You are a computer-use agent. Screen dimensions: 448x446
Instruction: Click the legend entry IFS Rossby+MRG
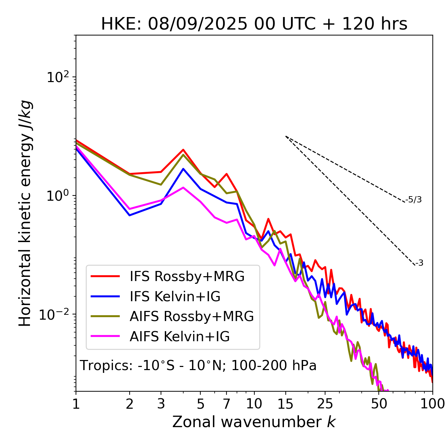coord(187,276)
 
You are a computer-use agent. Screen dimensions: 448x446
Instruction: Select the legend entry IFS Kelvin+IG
coord(175,296)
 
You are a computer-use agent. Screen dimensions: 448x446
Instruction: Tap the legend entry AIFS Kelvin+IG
coord(179,336)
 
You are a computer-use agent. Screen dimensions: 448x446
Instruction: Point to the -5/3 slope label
coord(414,200)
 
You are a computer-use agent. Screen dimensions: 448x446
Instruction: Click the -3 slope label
coord(419,263)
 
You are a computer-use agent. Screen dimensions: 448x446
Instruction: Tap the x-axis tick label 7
coord(226,404)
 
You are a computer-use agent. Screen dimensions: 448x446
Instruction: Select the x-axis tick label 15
coord(286,404)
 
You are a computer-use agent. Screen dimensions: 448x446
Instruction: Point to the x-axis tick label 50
coord(379,404)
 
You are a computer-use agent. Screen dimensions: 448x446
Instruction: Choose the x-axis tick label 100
coord(432,404)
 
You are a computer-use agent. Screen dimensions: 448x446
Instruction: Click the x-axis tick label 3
coord(161,404)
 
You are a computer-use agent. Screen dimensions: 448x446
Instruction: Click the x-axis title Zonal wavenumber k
coord(254,422)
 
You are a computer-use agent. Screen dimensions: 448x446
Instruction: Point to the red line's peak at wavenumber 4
coord(183,150)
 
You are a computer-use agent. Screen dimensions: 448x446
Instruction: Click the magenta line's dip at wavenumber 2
coord(130,209)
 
